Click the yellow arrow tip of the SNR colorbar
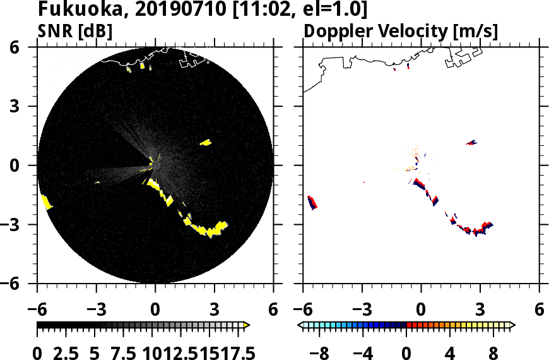(x=247, y=325)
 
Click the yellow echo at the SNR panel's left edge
(x=46, y=202)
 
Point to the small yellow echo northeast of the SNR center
(x=205, y=143)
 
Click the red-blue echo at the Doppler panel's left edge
(x=312, y=203)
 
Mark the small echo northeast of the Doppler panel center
(x=471, y=143)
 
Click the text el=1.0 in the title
(x=332, y=11)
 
